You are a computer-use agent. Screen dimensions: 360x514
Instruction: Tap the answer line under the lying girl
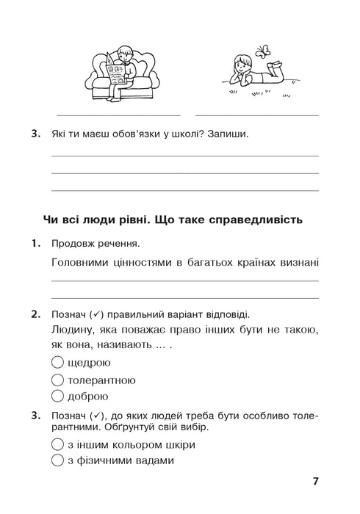[x=257, y=115]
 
